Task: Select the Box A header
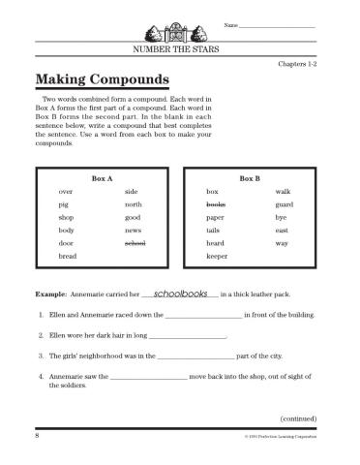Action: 103,179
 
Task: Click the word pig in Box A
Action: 64,205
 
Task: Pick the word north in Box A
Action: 133,205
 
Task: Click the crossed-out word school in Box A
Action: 135,243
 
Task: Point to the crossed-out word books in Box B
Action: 216,205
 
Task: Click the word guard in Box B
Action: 285,205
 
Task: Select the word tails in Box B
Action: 214,231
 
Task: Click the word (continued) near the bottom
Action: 299,418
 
